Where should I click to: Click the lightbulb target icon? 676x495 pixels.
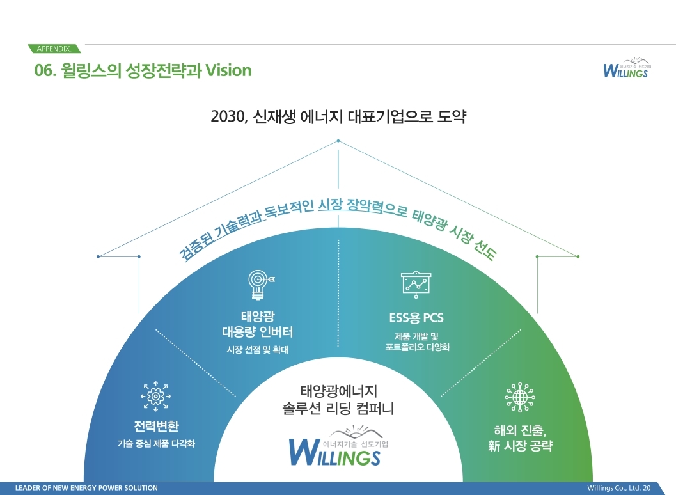(259, 284)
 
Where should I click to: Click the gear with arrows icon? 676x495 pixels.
(155, 396)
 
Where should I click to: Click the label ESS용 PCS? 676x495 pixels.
(416, 318)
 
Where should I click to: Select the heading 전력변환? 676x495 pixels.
(156, 426)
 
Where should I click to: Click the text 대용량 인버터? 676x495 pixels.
(258, 332)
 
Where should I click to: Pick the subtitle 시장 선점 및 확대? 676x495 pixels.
(258, 350)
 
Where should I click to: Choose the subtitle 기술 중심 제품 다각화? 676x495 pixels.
(156, 444)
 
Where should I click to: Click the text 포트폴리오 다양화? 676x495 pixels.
(418, 348)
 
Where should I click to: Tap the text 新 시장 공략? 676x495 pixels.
(519, 446)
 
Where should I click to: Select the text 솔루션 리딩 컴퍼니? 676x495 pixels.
(338, 407)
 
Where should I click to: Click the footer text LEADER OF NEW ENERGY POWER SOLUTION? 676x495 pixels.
(86, 488)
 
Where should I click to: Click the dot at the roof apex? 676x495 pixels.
(338, 142)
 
